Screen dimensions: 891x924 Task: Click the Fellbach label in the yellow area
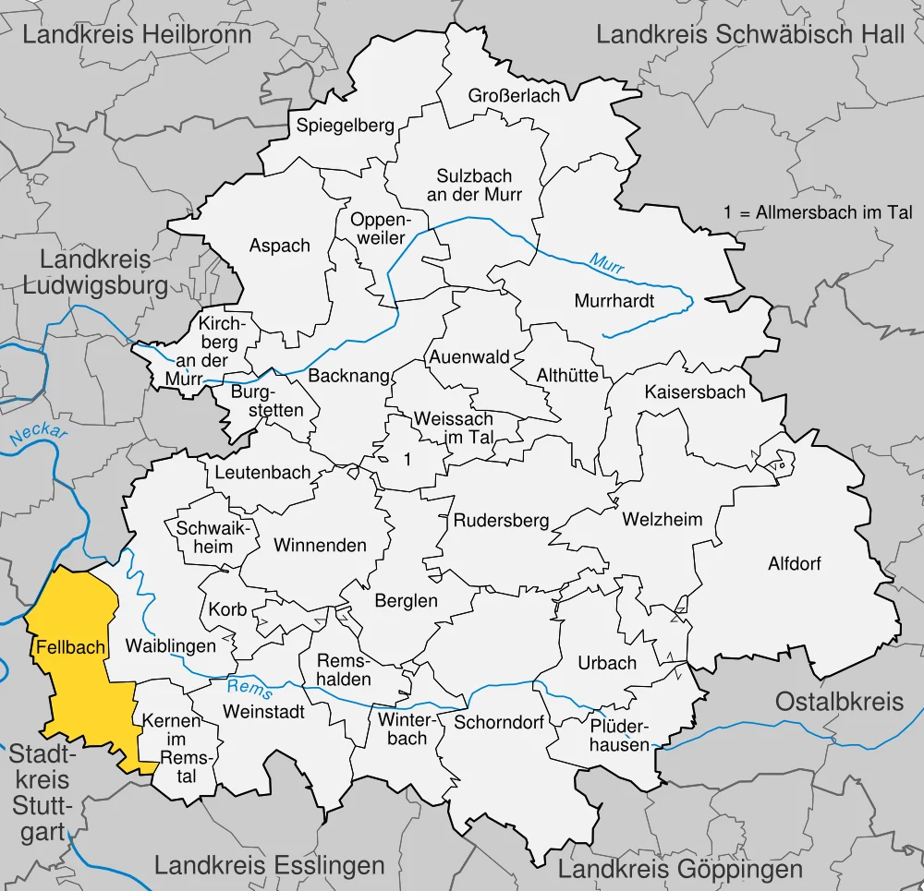tap(71, 646)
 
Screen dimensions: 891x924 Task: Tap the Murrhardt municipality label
tap(614, 301)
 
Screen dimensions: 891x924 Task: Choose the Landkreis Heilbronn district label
tap(137, 35)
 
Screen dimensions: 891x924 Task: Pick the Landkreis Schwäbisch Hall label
tap(750, 35)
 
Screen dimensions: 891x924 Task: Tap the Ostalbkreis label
tap(839, 701)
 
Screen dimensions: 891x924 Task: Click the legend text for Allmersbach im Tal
tap(819, 212)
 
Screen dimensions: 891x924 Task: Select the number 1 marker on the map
tap(406, 459)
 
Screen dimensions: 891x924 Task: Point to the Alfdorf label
tap(795, 563)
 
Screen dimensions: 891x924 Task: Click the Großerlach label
tap(514, 96)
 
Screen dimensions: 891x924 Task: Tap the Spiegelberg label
tap(345, 126)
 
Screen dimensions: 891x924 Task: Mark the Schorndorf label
tap(499, 722)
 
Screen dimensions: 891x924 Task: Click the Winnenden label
tap(320, 546)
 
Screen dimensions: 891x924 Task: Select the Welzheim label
tap(662, 520)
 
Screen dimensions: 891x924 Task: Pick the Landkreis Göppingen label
tap(680, 869)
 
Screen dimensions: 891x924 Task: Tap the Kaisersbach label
tap(695, 391)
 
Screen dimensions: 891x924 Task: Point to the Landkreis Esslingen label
tap(269, 865)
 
